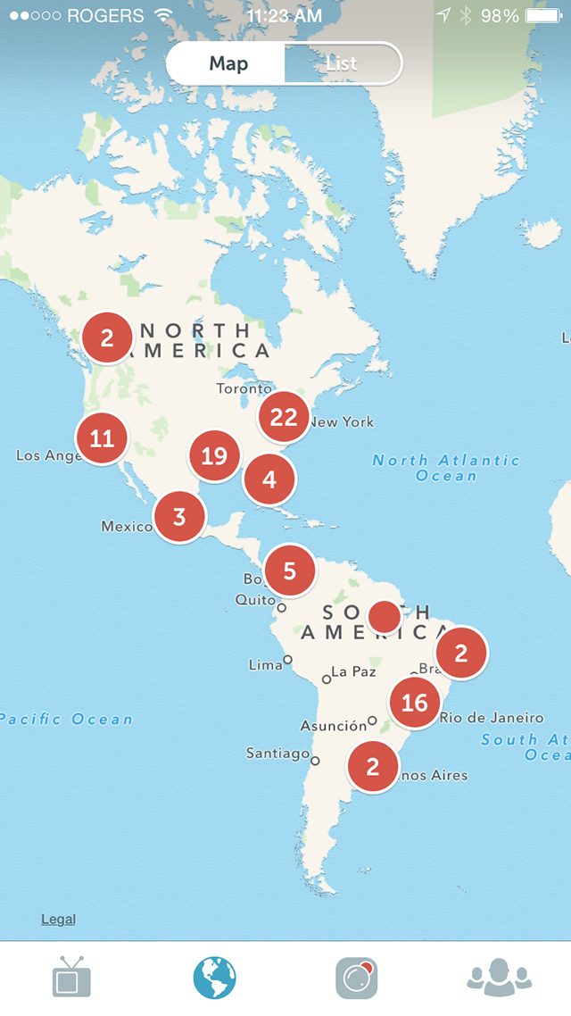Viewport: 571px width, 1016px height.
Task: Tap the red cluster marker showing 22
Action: pos(284,417)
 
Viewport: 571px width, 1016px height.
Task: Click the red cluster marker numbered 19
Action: pos(214,456)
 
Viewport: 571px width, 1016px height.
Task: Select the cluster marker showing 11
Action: pos(103,438)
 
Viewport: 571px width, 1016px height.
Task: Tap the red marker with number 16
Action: pos(415,703)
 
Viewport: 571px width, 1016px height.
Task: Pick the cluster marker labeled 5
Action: pos(290,570)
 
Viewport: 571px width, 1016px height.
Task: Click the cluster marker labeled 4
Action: pos(269,479)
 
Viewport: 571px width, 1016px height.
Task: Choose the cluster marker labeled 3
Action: pos(179,517)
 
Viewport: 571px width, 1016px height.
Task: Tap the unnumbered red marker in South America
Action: pos(385,616)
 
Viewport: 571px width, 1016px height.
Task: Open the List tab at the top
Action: pos(342,64)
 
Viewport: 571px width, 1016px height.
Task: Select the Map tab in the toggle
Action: pos(228,64)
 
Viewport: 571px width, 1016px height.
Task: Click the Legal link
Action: pos(58,920)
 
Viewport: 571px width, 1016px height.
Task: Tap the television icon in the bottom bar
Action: pos(71,978)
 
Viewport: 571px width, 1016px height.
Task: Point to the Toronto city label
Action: pos(244,389)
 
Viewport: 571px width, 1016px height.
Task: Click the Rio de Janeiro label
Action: pos(491,718)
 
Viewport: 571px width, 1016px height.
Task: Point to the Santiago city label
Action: pos(277,754)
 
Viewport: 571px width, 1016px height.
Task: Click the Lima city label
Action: pos(265,665)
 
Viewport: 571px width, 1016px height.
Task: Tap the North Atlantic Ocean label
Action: pos(446,468)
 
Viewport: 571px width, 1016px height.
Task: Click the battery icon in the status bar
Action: pos(544,16)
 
